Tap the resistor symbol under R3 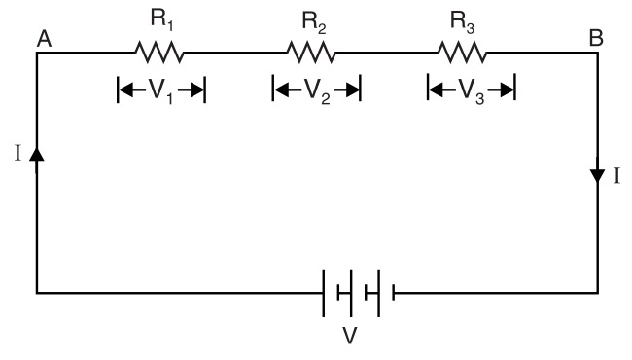coord(463,51)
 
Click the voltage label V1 coord(161,92)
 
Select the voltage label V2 coord(316,92)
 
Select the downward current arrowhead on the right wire coord(598,176)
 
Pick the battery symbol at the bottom coord(358,291)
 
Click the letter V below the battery coord(357,337)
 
